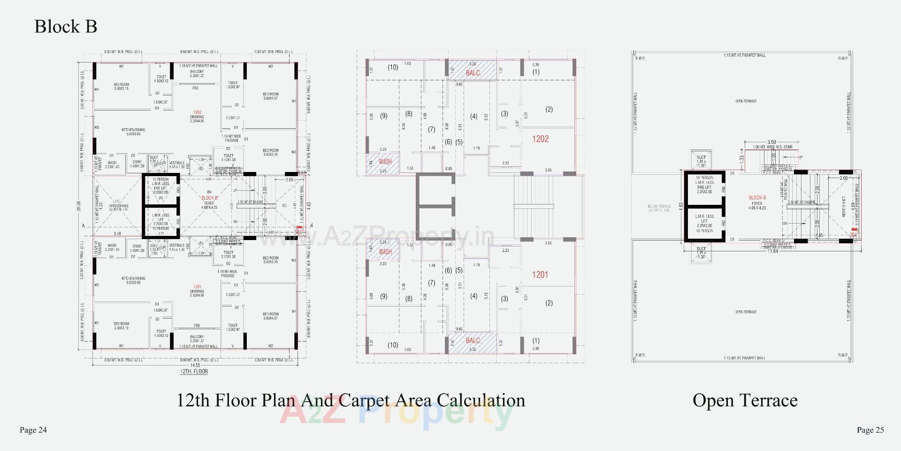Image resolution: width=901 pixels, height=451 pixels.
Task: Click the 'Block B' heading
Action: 66,26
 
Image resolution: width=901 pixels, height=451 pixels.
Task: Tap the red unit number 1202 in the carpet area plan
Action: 540,139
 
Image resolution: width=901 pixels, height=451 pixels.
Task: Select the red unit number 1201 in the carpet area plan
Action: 540,275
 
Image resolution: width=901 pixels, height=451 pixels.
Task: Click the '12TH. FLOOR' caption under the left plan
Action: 194,372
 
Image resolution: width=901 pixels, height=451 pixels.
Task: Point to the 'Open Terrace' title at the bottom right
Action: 745,400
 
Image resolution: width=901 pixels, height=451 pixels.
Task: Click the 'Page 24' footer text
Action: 33,430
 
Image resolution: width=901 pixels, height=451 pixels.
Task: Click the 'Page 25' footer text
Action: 870,430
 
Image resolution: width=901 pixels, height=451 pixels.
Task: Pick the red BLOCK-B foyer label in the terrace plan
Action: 757,198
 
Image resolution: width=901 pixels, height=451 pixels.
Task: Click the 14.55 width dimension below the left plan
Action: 195,365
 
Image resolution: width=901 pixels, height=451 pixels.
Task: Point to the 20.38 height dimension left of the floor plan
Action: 79,206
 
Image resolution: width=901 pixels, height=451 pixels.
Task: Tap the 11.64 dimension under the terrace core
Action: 772,251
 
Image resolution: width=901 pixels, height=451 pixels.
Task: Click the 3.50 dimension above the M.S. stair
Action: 771,142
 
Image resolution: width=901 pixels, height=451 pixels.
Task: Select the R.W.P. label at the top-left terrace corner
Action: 640,58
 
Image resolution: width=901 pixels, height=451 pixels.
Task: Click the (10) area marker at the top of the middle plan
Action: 393,67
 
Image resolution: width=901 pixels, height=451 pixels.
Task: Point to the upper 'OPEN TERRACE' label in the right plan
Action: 746,101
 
